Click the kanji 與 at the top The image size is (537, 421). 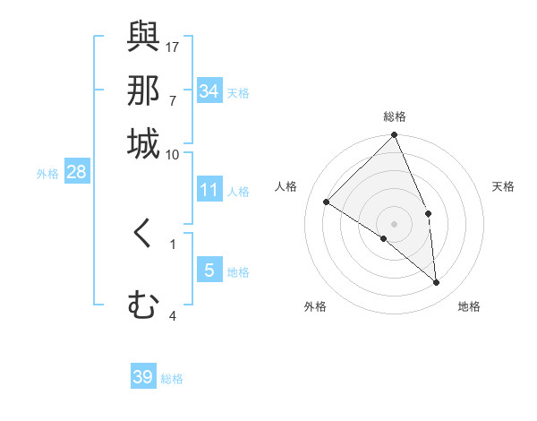click(143, 38)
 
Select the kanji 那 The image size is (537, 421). click(143, 90)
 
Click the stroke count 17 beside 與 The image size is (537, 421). click(173, 47)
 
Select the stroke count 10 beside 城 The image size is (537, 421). click(173, 154)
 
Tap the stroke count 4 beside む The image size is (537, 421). click(173, 315)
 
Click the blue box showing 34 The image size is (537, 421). click(209, 91)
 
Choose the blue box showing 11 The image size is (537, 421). click(209, 190)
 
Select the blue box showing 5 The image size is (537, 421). click(209, 271)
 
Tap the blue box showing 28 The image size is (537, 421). click(76, 173)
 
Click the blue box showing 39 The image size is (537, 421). click(143, 377)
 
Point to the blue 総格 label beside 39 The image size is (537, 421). click(173, 379)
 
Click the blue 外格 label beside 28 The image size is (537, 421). click(47, 175)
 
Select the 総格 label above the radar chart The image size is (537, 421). click(395, 116)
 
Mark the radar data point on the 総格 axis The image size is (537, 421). click(395, 136)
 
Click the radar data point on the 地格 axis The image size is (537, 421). click(437, 282)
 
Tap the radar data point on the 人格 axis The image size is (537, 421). click(327, 202)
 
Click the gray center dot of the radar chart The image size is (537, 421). click(395, 223)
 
